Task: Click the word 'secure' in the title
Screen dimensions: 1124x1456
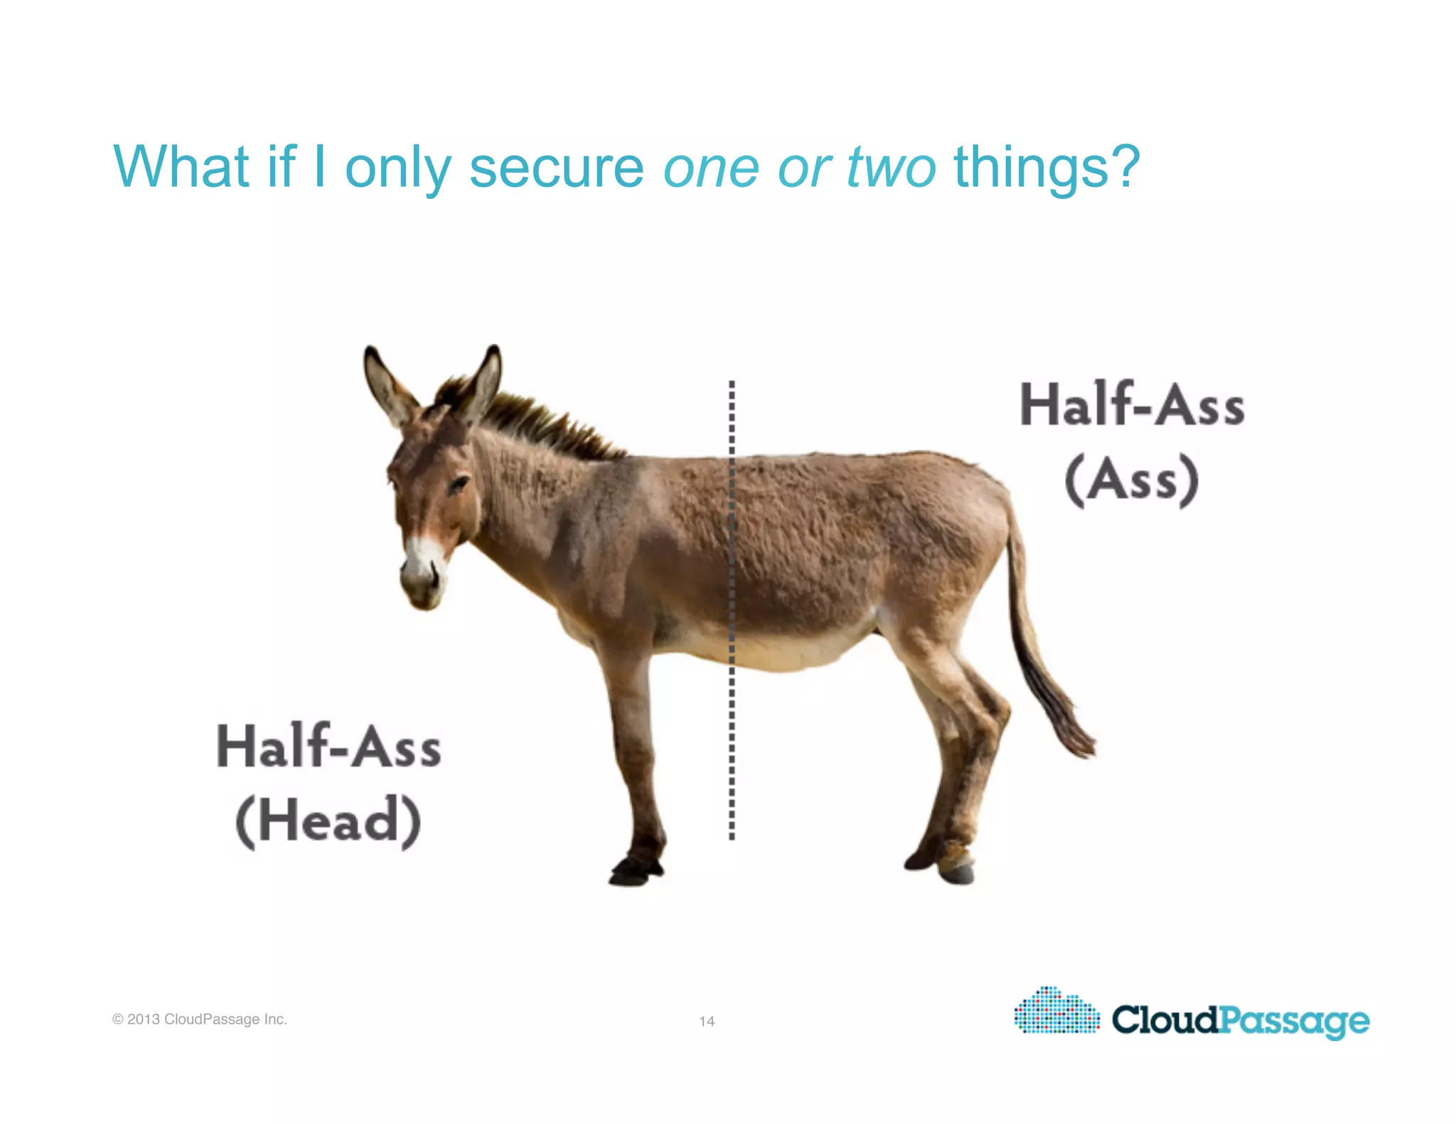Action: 556,168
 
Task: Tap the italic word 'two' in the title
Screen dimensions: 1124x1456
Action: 891,168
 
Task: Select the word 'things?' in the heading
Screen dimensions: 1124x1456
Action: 1046,168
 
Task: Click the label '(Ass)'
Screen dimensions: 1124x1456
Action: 1131,480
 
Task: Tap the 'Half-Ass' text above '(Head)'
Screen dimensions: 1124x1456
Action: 328,747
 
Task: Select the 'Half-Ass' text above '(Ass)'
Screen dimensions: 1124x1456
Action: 1132,405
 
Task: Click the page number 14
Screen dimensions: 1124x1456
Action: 707,1021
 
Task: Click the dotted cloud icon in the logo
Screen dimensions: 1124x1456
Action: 1056,1011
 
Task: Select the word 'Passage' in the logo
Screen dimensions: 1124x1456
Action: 1294,1020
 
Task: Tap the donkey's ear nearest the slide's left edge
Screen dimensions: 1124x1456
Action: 387,384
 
